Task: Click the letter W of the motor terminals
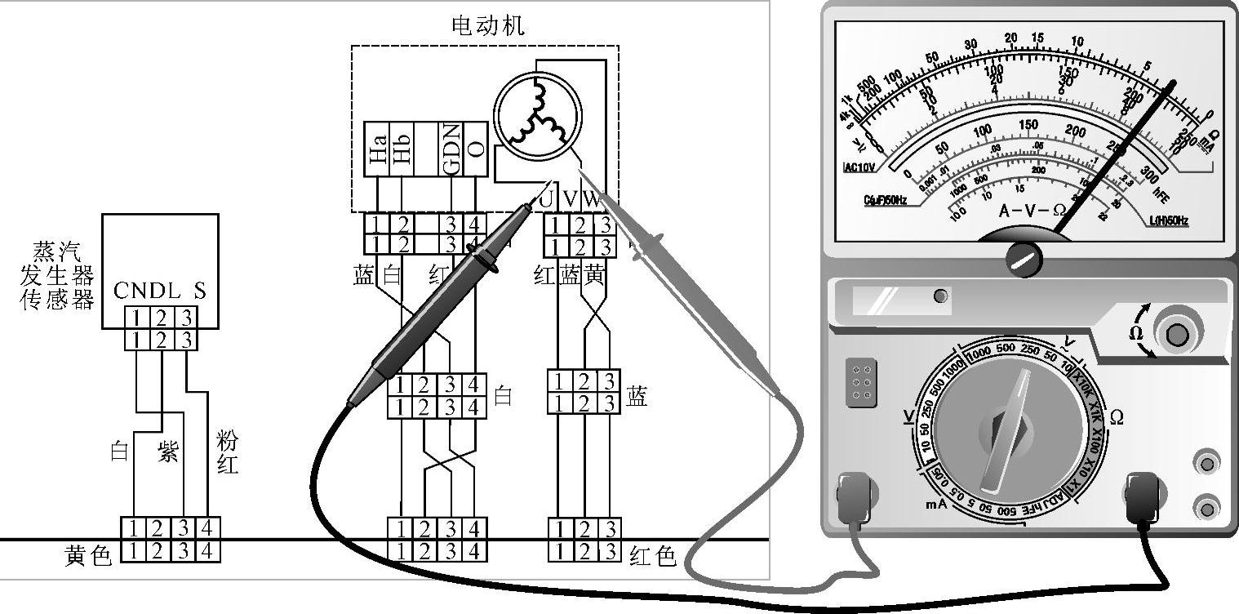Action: [593, 199]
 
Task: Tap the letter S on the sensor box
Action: [200, 291]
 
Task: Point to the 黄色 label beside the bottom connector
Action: [87, 556]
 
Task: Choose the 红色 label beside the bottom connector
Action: [653, 556]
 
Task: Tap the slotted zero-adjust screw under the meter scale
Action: [1023, 259]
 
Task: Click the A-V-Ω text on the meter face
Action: [1032, 211]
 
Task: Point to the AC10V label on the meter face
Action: [859, 167]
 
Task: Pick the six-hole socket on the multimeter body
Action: [859, 381]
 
